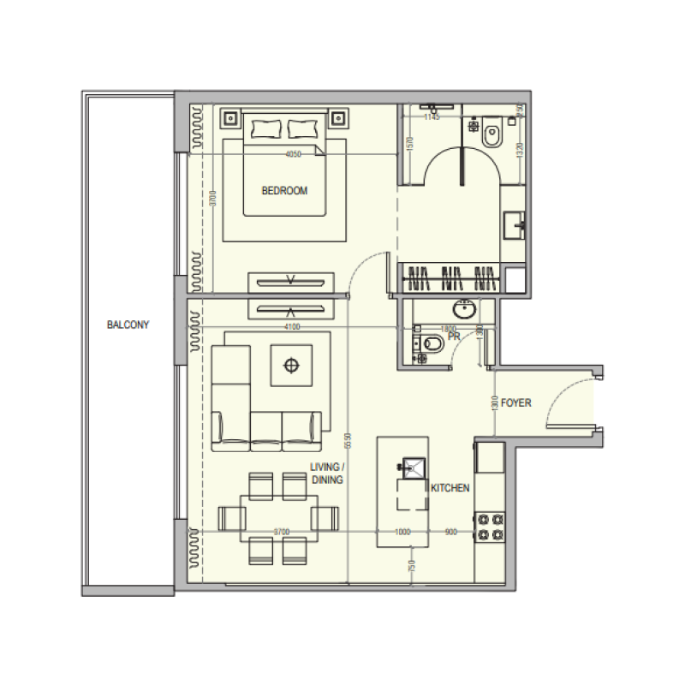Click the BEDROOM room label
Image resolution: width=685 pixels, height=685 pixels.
[x=284, y=191]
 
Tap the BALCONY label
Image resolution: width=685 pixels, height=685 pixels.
[x=128, y=325]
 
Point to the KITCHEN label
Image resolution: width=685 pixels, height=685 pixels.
[x=450, y=488]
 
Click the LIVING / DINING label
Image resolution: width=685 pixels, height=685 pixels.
[x=326, y=474]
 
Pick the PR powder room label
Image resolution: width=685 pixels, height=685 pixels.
[x=454, y=337]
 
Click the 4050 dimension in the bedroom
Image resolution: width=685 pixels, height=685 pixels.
[x=294, y=155]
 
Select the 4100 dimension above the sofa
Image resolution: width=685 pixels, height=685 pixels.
[x=292, y=326]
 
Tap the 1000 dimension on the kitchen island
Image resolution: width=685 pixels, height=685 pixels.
[x=403, y=533]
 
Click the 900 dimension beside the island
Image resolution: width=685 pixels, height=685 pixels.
[x=451, y=533]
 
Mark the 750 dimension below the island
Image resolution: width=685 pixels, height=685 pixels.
[x=412, y=566]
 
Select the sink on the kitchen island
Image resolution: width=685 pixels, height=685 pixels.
[x=412, y=468]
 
